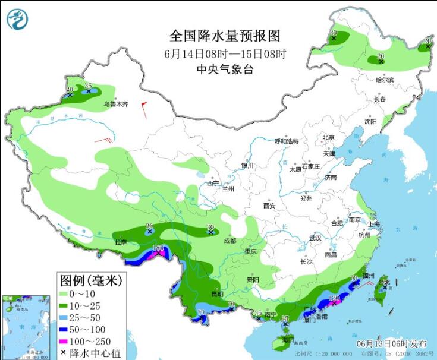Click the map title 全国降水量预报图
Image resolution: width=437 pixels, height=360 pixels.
point(225,36)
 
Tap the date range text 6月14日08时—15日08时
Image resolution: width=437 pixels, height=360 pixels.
point(225,53)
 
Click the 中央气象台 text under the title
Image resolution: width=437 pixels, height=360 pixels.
point(225,70)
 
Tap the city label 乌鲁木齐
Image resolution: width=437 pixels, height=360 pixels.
point(116,104)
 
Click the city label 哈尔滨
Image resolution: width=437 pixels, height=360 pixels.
point(385,80)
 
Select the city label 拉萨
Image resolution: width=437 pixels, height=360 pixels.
point(121,242)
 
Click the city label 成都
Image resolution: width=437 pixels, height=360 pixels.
point(229,241)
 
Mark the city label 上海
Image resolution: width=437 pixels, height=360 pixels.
point(374,224)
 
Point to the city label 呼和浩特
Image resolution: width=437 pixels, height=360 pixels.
point(285,141)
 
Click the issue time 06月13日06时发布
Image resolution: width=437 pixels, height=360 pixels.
point(391,344)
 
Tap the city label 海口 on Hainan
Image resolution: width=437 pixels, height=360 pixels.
point(288,340)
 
